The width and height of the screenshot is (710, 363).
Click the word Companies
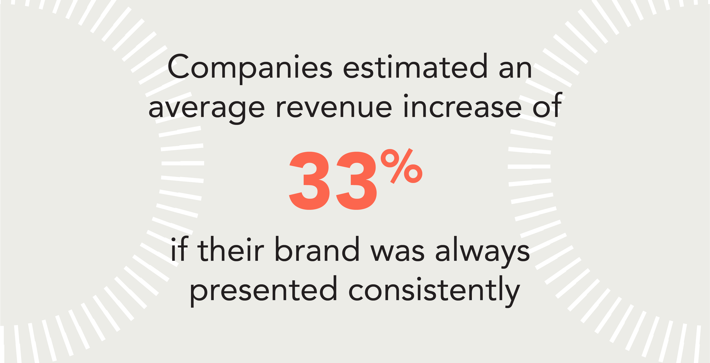(249, 67)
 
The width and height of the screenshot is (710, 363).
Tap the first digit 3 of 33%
(309, 181)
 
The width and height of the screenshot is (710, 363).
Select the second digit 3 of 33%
(356, 181)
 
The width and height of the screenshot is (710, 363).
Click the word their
(231, 249)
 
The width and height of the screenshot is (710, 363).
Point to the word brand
(317, 249)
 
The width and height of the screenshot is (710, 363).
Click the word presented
(263, 291)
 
